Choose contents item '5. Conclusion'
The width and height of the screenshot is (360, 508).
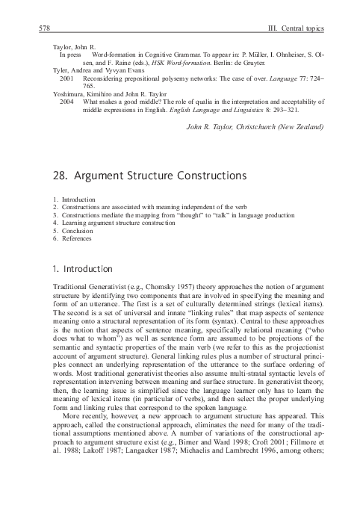(x=73, y=231)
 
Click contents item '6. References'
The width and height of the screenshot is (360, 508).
(x=72, y=238)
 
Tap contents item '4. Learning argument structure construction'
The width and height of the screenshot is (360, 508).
(x=114, y=223)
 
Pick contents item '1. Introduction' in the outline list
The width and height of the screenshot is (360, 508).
(x=74, y=200)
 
